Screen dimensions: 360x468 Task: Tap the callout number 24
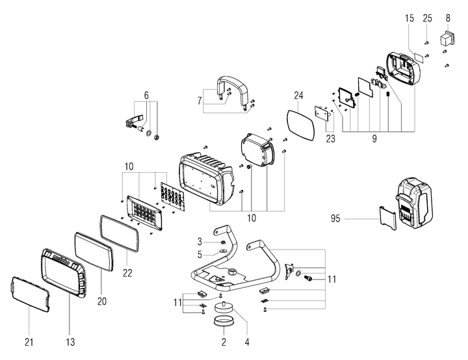(298, 96)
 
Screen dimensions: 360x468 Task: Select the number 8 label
(447, 18)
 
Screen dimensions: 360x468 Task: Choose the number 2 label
(224, 340)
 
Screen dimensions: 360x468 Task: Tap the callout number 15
(409, 18)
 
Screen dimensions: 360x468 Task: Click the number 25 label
(427, 18)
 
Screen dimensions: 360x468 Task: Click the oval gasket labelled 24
(300, 122)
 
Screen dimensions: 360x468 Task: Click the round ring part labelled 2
(224, 322)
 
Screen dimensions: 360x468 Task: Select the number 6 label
(146, 96)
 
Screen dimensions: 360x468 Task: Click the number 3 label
(200, 241)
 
